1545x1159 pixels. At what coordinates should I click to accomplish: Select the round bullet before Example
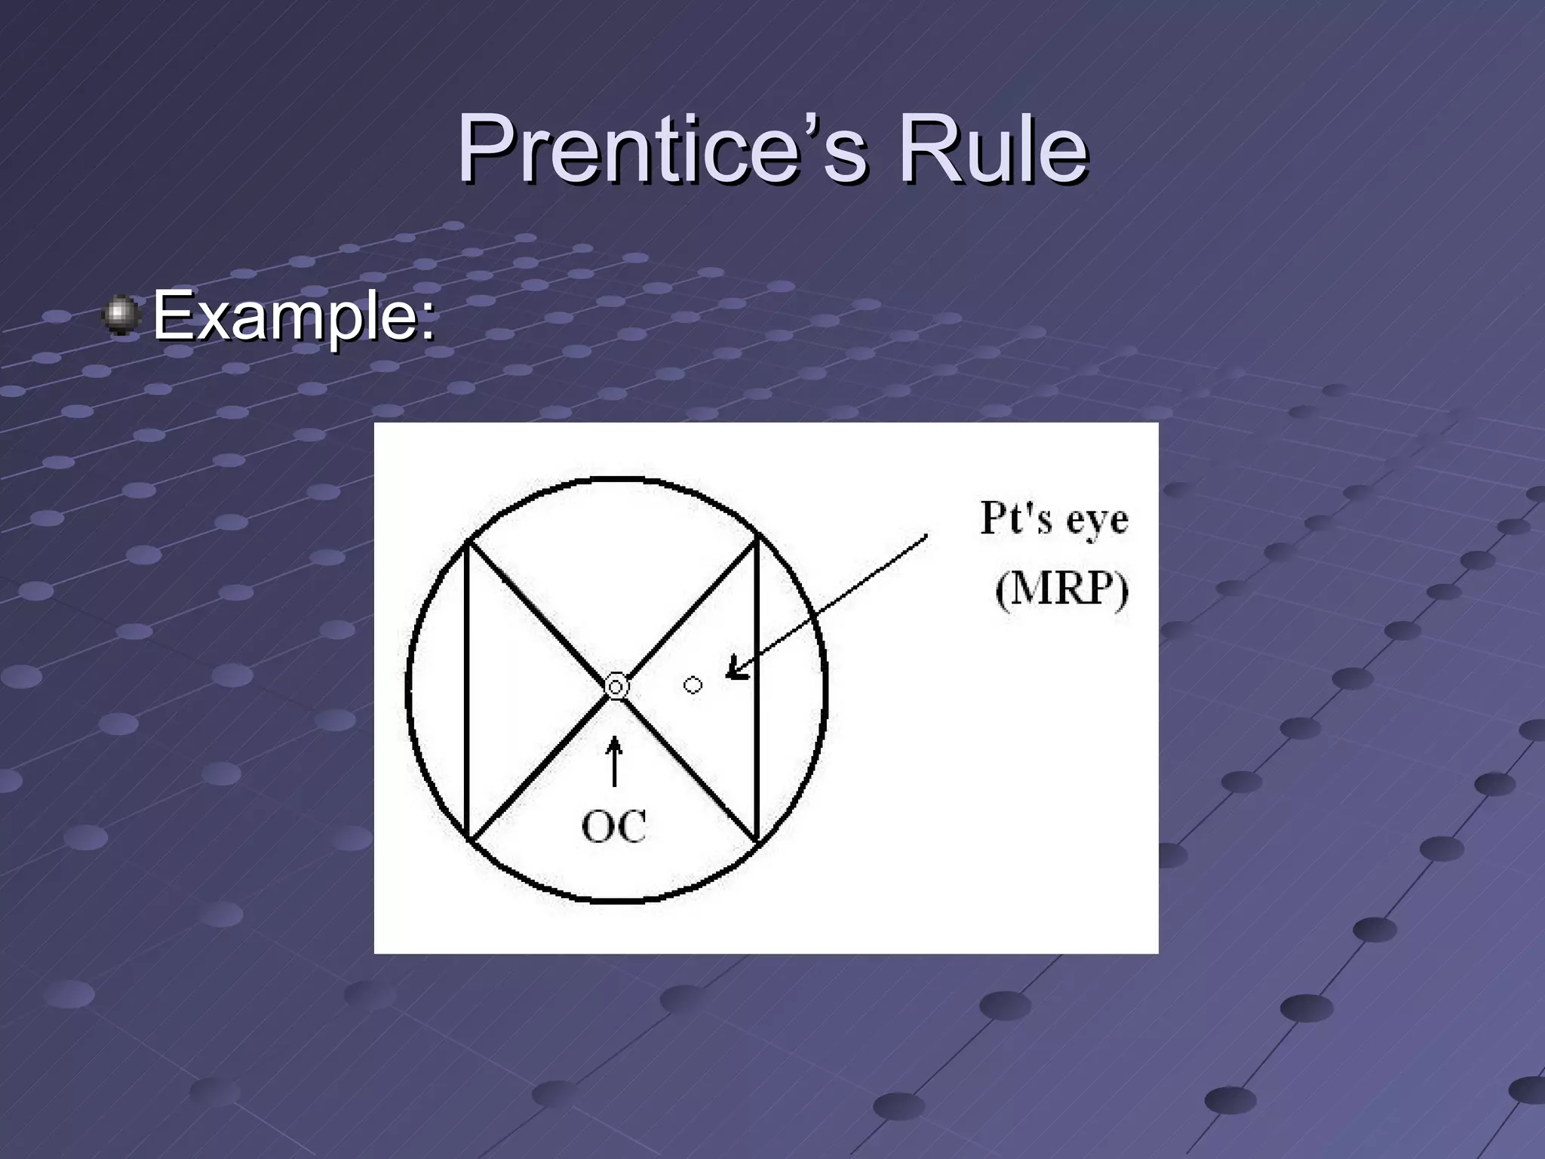click(x=121, y=315)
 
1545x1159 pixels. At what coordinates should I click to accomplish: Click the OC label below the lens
click(x=614, y=826)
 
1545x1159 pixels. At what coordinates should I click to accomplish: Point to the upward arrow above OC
click(x=615, y=761)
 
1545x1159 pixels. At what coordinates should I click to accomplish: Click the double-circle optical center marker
click(x=616, y=687)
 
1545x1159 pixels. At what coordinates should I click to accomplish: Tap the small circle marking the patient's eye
click(x=693, y=685)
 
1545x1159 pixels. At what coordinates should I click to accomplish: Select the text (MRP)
click(x=1061, y=589)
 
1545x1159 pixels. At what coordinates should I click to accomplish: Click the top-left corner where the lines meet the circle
click(x=468, y=541)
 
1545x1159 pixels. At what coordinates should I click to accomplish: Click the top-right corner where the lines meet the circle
click(x=756, y=539)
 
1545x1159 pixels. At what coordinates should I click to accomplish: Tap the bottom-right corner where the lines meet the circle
click(x=756, y=841)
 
